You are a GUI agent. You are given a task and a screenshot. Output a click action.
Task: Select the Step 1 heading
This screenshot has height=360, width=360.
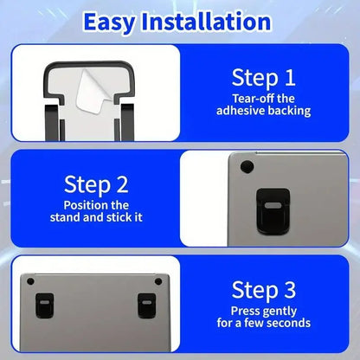(265, 78)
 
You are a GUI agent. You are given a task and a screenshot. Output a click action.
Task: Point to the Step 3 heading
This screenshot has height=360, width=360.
(265, 288)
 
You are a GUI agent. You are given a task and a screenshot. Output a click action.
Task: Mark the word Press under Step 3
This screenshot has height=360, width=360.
(245, 311)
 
